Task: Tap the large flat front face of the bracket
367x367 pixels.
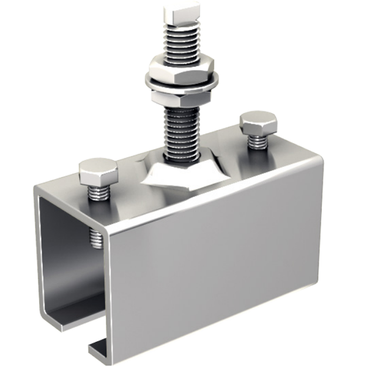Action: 214,257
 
